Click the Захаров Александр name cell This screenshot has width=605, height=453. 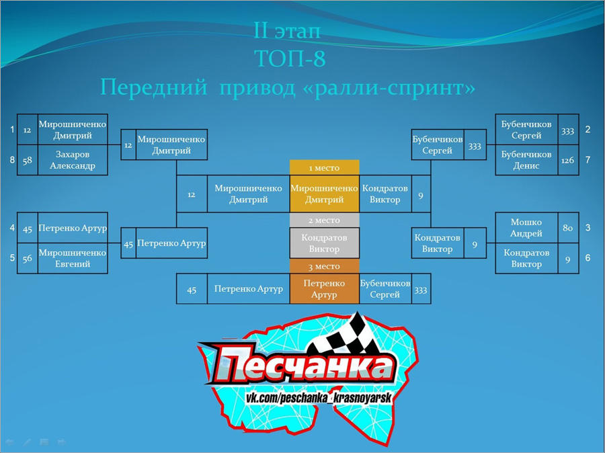click(73, 160)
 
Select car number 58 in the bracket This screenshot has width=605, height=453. click(28, 160)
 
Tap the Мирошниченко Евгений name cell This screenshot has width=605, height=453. click(73, 259)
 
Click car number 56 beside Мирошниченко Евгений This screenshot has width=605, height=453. click(28, 259)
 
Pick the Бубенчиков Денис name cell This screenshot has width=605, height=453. click(526, 160)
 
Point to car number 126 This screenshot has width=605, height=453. click(568, 160)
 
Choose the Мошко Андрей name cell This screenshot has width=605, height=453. click(526, 228)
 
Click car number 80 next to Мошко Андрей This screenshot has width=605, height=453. click(568, 228)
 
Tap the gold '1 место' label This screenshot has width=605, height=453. click(325, 168)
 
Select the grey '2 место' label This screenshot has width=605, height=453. click(325, 220)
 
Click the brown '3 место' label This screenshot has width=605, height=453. click(325, 266)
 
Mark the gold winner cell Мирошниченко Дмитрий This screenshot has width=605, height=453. click(325, 194)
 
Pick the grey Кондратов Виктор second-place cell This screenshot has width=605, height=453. click(325, 243)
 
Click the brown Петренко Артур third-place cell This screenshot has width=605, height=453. click(325, 288)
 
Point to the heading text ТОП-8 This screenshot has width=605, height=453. click(290, 58)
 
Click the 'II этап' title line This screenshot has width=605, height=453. click(287, 30)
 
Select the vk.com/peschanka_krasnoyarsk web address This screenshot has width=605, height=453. click(319, 398)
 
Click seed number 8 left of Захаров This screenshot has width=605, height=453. click(12, 160)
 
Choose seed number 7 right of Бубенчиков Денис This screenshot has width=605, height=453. click(588, 160)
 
